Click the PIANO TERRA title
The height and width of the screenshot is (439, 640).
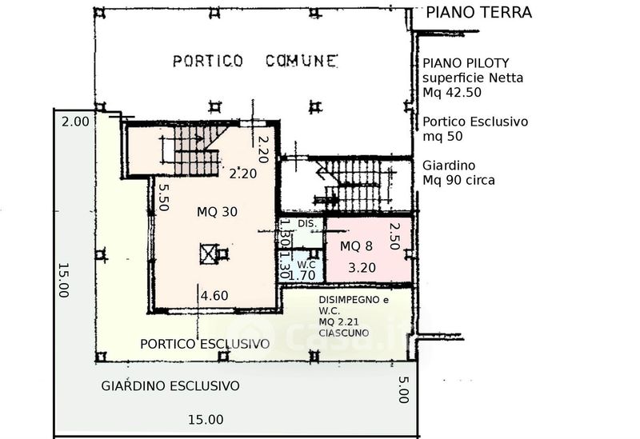tap(478, 12)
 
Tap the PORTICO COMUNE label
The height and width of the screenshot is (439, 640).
tap(255, 62)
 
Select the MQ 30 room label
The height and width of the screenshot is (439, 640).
tap(217, 212)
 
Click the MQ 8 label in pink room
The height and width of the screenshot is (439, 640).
tap(356, 246)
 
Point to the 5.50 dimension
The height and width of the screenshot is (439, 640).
tap(163, 198)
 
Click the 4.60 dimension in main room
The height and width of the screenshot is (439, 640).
tap(214, 295)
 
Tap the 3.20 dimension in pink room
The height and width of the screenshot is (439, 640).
tap(362, 268)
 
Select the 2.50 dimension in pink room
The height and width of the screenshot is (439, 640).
tap(394, 236)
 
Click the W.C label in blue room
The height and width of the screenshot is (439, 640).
tap(306, 265)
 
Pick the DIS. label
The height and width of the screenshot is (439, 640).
tap(307, 224)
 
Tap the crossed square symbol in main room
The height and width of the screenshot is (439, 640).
tap(209, 253)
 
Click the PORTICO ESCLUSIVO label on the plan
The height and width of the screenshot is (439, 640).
tap(205, 344)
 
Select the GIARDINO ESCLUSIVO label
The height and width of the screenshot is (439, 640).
tap(170, 386)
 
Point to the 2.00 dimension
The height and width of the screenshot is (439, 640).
tap(75, 122)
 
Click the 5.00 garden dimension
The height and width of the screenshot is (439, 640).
tap(403, 389)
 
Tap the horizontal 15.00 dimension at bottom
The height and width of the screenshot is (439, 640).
tap(206, 420)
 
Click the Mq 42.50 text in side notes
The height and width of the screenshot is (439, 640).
tap(452, 92)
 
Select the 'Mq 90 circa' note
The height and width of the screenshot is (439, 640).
tap(458, 180)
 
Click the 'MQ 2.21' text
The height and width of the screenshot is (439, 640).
tap(338, 322)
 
